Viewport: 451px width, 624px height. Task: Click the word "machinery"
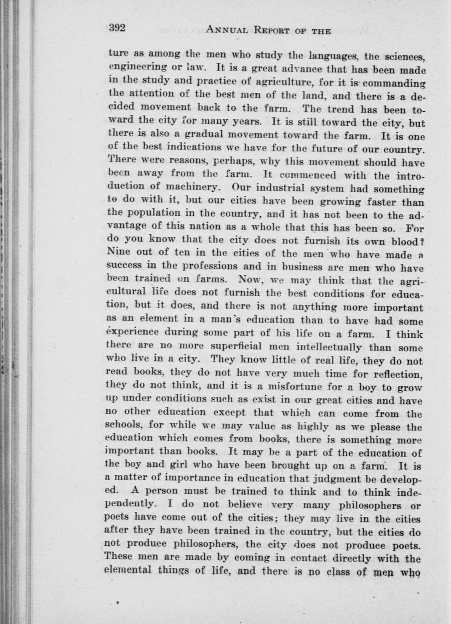pyautogui.click(x=190, y=187)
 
